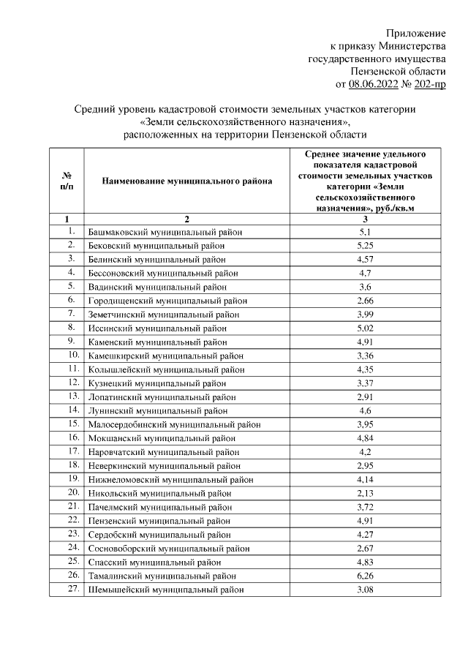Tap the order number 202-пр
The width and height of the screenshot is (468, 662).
click(x=428, y=84)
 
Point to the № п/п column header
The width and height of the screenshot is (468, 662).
click(x=67, y=180)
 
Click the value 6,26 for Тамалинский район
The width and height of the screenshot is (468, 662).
click(x=365, y=576)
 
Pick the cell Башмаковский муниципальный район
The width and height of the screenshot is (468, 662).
click(x=165, y=233)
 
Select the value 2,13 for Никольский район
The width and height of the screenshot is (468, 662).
click(x=365, y=493)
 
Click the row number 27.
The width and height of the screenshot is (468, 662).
click(x=72, y=589)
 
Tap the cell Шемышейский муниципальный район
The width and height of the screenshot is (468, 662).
click(x=166, y=590)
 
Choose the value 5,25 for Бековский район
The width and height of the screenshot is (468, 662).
click(x=365, y=246)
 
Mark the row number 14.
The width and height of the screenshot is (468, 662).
click(x=72, y=410)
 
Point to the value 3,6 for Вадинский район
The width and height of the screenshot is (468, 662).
click(x=365, y=287)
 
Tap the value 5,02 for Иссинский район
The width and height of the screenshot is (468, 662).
click(x=365, y=328)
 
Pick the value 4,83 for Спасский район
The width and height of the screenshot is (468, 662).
click(x=365, y=562)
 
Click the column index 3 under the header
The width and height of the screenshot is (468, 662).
click(x=365, y=219)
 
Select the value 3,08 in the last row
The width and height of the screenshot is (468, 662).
click(x=365, y=590)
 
